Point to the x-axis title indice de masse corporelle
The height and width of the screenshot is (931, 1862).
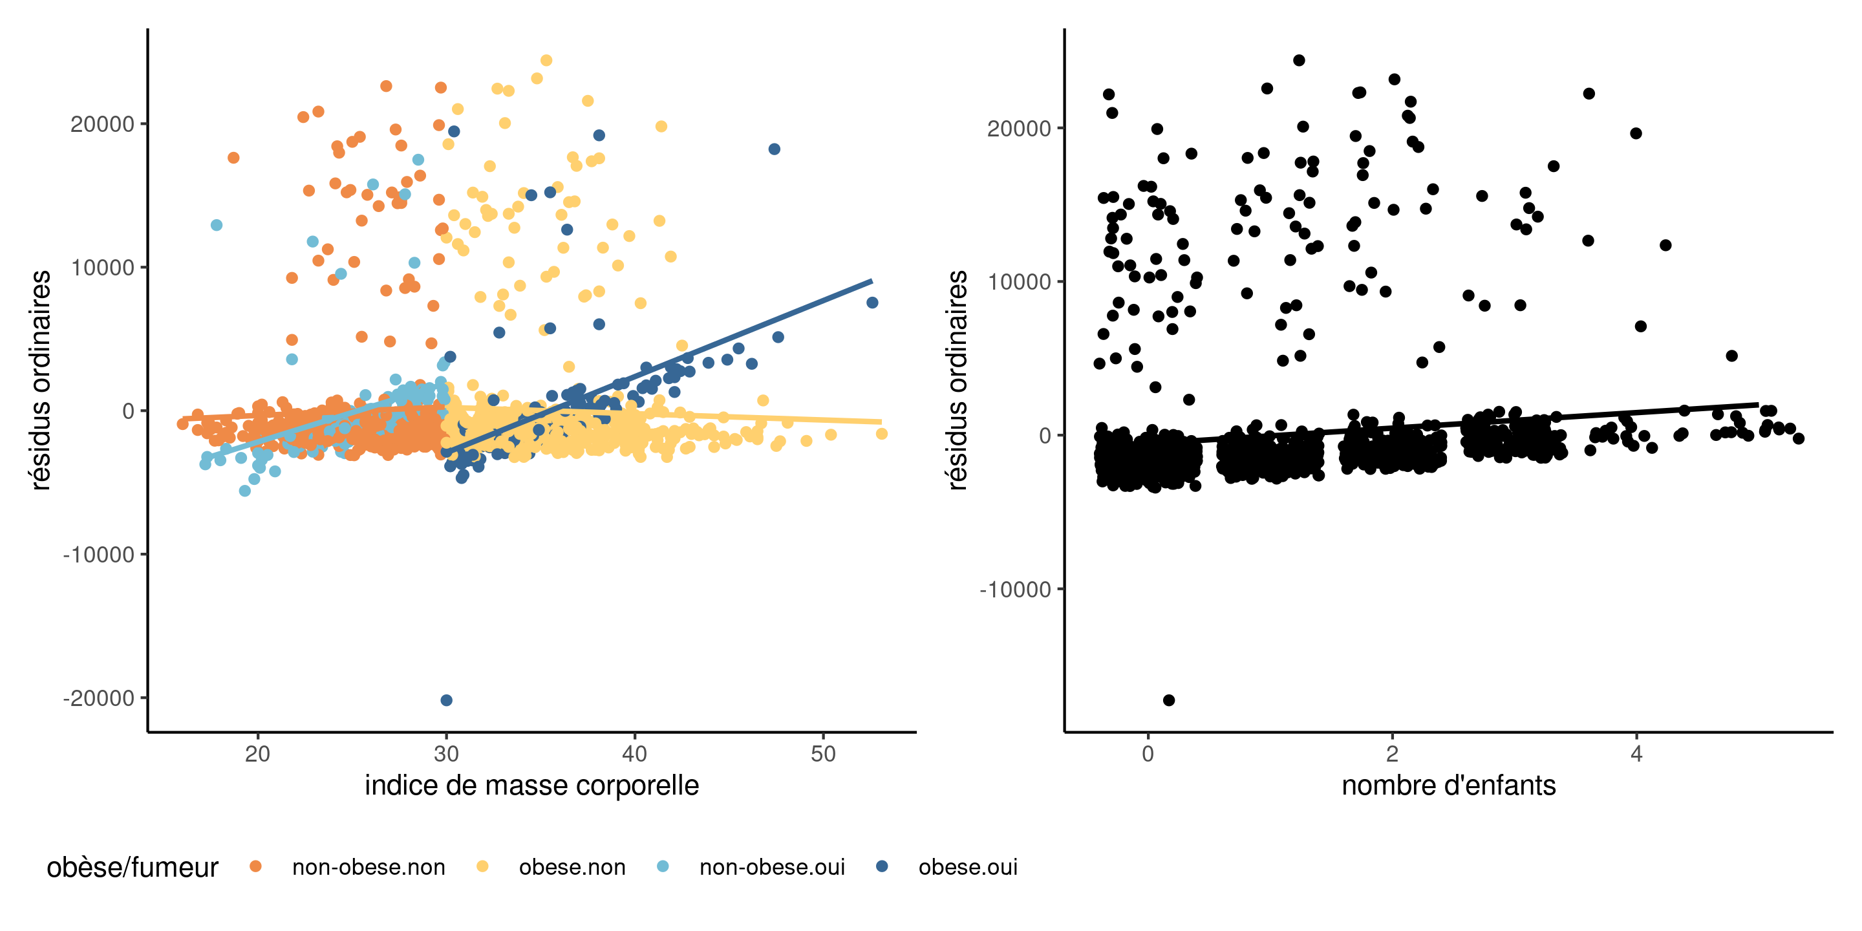(x=531, y=785)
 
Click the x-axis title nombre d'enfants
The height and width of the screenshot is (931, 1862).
(x=1448, y=785)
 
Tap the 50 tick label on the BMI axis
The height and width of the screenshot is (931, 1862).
(x=823, y=754)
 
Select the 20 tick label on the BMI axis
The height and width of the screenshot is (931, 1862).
(x=257, y=754)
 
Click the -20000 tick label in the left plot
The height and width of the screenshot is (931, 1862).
(x=99, y=698)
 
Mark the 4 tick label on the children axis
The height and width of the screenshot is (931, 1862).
(x=1636, y=754)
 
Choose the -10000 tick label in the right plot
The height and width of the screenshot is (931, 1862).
(x=1015, y=590)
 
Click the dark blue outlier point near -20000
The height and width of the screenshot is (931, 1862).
(x=447, y=700)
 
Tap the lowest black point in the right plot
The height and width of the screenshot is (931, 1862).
(x=1169, y=700)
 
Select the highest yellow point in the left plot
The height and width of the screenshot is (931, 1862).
(x=546, y=61)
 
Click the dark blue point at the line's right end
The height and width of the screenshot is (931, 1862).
(x=872, y=303)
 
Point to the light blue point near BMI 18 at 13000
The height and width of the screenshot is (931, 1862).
(x=216, y=226)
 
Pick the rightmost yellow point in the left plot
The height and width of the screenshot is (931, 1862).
(x=882, y=434)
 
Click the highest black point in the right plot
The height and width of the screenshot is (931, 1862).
(x=1299, y=61)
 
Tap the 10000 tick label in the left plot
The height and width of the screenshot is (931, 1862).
(x=103, y=268)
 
